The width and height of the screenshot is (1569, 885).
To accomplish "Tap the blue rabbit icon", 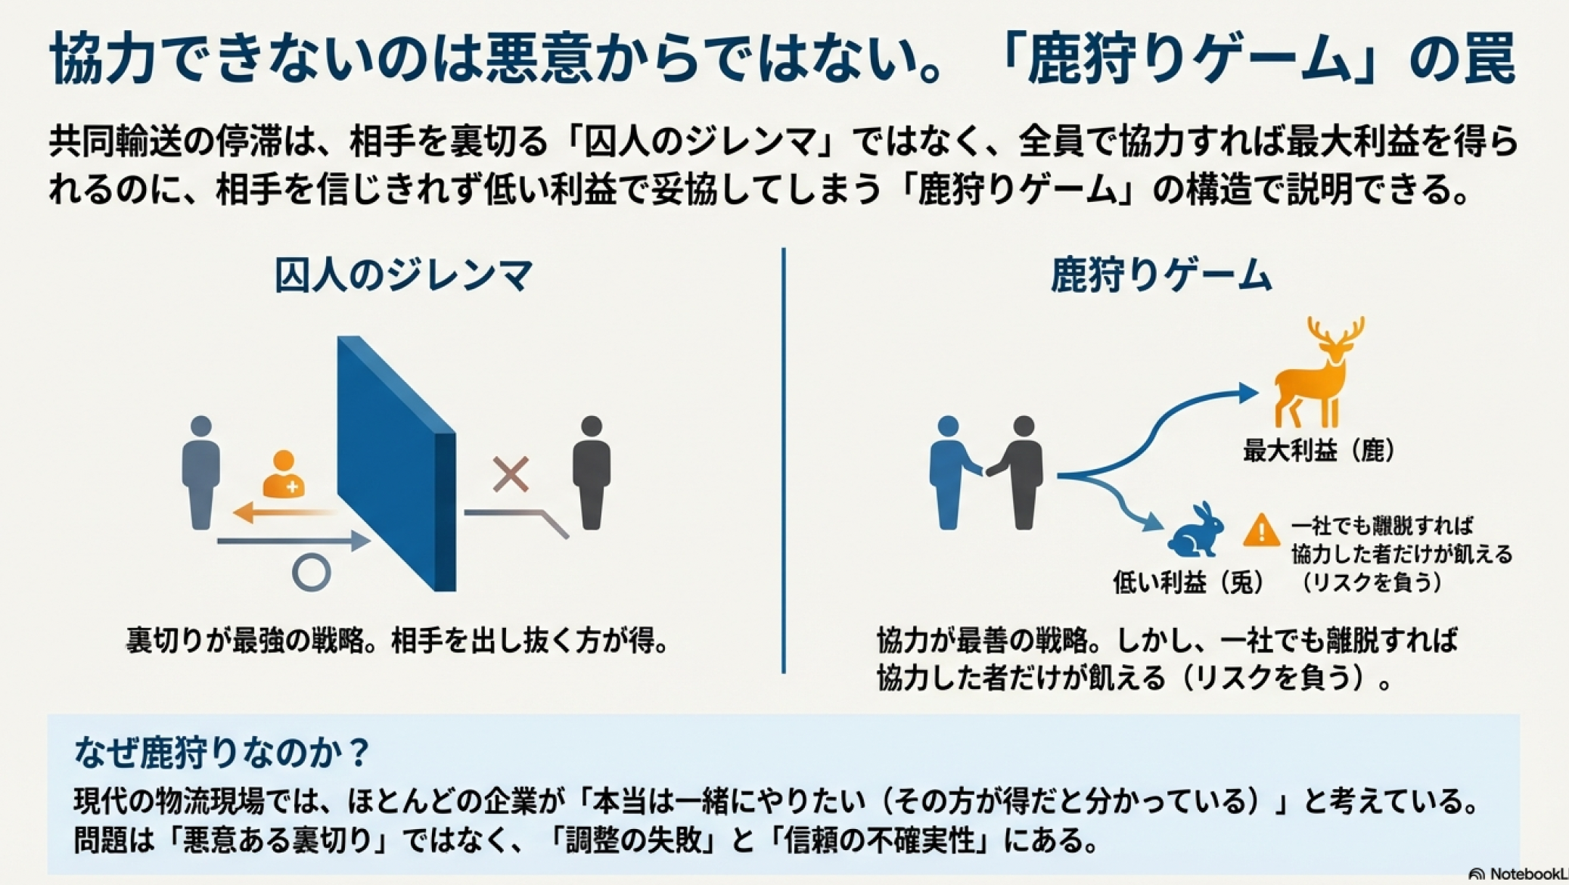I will coord(1197,532).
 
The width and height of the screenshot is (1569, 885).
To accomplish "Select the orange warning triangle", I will coord(1260,530).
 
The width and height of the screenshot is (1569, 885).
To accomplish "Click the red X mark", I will coord(511,474).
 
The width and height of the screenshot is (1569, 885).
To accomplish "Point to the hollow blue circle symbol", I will coord(312,573).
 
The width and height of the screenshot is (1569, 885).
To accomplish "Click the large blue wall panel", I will coord(395,463).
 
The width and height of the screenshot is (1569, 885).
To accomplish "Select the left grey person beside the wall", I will coord(201,472).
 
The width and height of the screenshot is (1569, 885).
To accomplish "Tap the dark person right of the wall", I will coord(592,472).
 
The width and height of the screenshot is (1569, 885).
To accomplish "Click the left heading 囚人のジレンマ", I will coord(404,275).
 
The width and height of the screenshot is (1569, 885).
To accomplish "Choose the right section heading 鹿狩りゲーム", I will coord(1161,275).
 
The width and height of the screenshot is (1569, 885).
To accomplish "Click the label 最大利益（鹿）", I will coord(1319,451).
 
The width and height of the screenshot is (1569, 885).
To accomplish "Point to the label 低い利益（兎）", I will coord(1188,582).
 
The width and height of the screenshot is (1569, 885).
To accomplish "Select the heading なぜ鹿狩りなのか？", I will coord(222,752).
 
